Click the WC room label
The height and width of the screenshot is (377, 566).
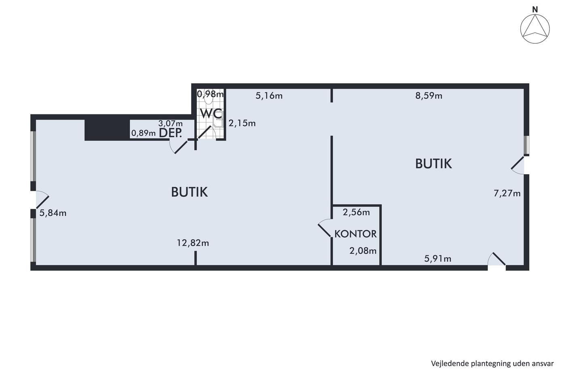coord(211,114)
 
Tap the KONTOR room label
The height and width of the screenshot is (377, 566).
coord(355,234)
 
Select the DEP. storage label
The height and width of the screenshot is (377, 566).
coord(170,133)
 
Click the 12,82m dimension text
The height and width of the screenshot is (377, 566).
coord(193,243)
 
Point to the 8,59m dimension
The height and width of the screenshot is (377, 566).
coord(429,96)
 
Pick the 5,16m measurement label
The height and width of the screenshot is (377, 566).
coord(269,96)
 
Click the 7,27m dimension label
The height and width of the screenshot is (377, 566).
coord(507,194)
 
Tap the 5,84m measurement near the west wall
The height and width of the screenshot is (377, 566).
coord(53,213)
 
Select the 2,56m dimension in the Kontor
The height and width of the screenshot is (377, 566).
coord(356,213)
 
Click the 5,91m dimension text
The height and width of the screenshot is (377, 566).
coord(437,259)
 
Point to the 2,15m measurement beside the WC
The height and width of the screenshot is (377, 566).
coord(242,123)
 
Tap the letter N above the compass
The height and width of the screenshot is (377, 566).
coord(535,10)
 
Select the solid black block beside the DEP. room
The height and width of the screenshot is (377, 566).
coord(107,130)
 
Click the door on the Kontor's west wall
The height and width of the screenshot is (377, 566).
coord(325,228)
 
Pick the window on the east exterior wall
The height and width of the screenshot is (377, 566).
coord(526,145)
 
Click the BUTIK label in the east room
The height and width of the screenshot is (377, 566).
coord(433,164)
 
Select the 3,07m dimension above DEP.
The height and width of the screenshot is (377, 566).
coord(170,124)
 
